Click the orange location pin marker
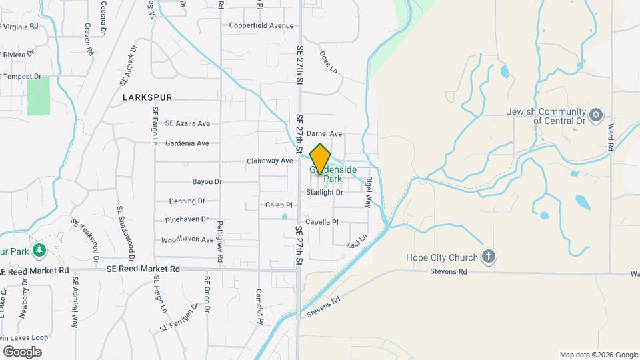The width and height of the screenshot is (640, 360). click(x=321, y=159)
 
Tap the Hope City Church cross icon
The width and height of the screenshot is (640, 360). click(x=489, y=257)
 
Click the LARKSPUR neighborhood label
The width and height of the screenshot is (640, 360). click(x=147, y=97)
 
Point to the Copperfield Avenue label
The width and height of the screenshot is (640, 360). click(x=261, y=26)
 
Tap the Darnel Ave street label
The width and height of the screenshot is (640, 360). click(x=324, y=134)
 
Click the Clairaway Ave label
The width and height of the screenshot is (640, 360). click(x=269, y=161)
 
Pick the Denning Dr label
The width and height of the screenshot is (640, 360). click(x=187, y=201)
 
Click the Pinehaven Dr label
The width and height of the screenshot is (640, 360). click(x=186, y=219)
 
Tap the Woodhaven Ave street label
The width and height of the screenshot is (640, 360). click(x=187, y=239)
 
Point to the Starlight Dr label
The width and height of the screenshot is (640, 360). click(x=324, y=193)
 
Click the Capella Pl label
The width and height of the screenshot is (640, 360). click(x=322, y=222)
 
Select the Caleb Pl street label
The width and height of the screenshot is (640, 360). click(x=279, y=205)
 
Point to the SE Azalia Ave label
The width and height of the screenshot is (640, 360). click(x=187, y=123)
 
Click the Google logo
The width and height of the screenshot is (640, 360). click(x=21, y=351)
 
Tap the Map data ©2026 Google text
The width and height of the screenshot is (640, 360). click(x=598, y=355)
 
